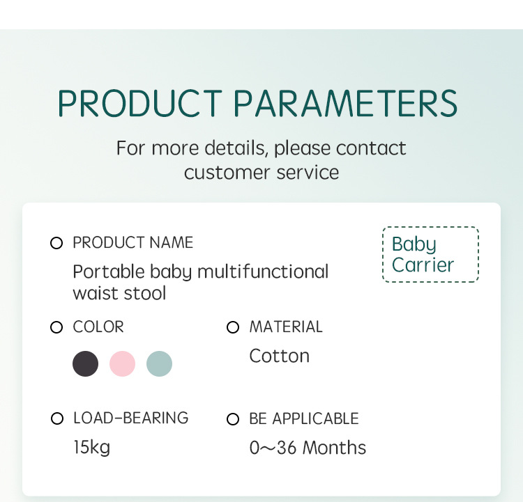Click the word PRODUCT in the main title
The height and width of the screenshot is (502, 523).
[x=140, y=103]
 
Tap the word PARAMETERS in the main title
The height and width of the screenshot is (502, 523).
[x=345, y=103]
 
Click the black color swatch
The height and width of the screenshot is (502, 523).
[x=85, y=363]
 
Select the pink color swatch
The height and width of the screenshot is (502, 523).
[x=123, y=363]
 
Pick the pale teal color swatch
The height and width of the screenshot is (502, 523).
[x=160, y=363]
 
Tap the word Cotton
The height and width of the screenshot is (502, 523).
[x=280, y=356]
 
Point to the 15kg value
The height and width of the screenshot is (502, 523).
[x=92, y=448]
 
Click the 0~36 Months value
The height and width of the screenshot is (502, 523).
[x=308, y=448]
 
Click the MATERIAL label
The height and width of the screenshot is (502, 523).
[x=286, y=327]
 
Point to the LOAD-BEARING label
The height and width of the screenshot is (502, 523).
[x=131, y=418]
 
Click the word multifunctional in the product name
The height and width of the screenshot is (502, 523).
[x=263, y=272]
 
